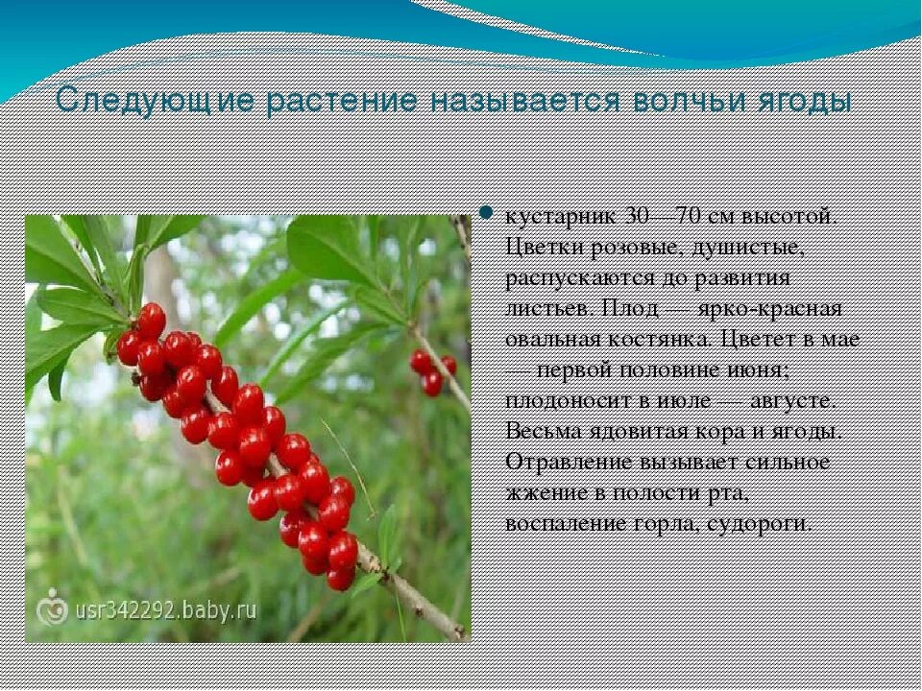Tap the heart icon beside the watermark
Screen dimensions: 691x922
point(49,609)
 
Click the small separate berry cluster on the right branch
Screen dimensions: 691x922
point(431,371)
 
